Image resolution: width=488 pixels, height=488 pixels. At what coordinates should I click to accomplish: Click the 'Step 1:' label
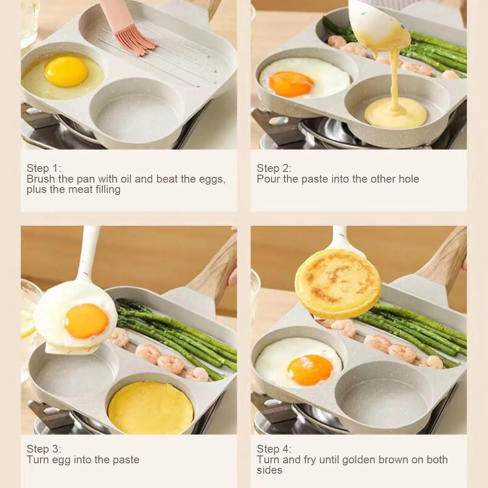44,168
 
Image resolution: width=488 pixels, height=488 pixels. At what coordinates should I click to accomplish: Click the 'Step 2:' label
274,168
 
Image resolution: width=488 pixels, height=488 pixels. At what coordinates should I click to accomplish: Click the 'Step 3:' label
44,449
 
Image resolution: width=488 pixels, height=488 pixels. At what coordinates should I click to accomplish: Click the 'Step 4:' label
274,449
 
